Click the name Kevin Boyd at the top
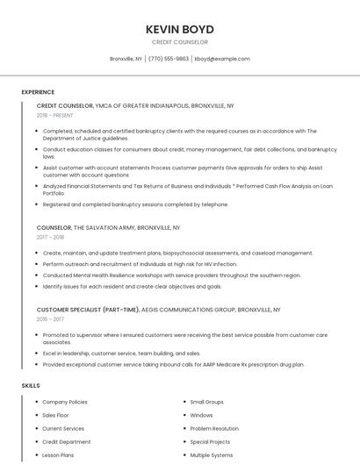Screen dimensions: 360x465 [x=180, y=29]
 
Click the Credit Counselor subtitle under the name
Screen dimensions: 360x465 [x=180, y=42]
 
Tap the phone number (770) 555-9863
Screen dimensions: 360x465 [x=169, y=59]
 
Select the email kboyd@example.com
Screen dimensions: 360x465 [x=222, y=59]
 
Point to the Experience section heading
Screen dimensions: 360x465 [x=38, y=92]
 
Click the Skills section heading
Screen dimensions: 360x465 [x=31, y=386]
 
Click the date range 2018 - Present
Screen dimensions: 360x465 [x=55, y=115]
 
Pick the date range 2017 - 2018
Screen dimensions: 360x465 [x=50, y=237]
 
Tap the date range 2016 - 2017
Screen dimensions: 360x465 [x=50, y=319]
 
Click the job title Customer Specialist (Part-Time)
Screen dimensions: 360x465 [x=88, y=310]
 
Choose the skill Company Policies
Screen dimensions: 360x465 [x=65, y=402]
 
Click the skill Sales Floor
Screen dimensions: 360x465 [x=55, y=415]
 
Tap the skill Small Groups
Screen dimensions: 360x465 [x=207, y=402]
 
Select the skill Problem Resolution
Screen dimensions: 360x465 [x=214, y=429]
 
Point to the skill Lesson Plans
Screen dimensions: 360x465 [x=58, y=455]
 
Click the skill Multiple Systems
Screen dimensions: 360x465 [x=212, y=455]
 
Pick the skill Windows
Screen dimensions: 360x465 [x=201, y=415]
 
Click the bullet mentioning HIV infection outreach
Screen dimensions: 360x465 [x=140, y=264]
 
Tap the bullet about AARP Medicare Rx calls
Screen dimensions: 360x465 [x=173, y=364]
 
